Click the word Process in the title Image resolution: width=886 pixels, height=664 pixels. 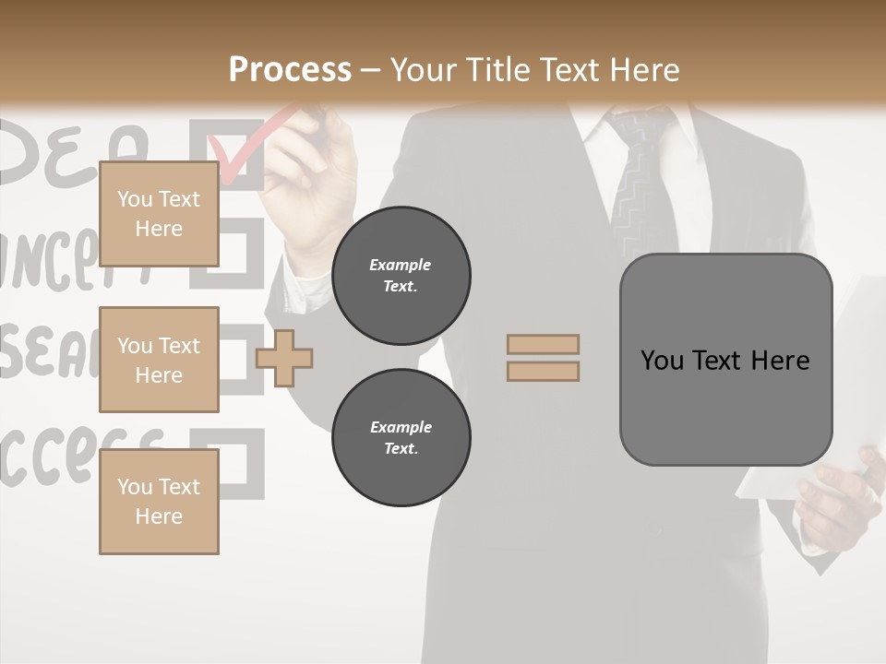click(x=290, y=70)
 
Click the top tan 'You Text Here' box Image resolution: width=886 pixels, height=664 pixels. click(x=159, y=214)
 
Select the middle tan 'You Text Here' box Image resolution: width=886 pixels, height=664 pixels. click(x=159, y=360)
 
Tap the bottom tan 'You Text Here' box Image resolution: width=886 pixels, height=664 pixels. click(x=159, y=502)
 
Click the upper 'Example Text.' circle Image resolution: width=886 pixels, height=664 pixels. click(x=401, y=276)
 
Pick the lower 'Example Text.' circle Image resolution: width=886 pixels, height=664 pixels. click(x=401, y=438)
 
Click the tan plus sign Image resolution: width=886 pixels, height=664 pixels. click(x=284, y=358)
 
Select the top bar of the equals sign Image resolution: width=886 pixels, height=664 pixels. click(x=543, y=345)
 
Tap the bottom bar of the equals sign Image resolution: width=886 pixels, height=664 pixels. click(x=543, y=371)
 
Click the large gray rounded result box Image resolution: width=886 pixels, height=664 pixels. click(x=725, y=360)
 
